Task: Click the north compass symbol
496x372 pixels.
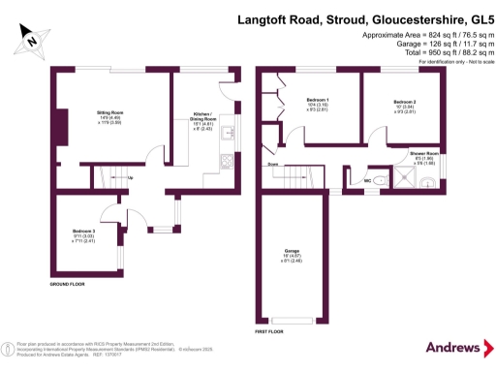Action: pyautogui.click(x=30, y=41)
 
